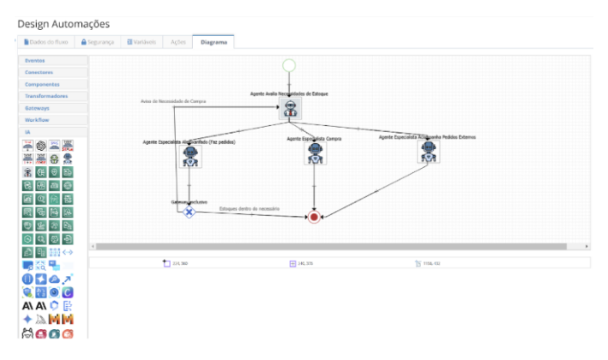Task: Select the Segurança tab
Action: [97, 42]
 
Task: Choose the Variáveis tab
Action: [141, 42]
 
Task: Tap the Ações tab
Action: [178, 42]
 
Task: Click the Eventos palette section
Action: [53, 61]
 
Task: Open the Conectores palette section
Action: [53, 73]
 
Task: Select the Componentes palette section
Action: [53, 85]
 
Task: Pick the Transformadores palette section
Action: [53, 97]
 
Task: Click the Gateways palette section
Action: [53, 109]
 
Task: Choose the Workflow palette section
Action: [53, 121]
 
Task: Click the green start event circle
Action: [289, 64]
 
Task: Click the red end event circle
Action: [314, 218]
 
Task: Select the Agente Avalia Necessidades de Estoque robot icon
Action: [290, 109]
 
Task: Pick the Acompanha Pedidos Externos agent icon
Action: [428, 151]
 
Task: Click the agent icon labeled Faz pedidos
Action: [190, 157]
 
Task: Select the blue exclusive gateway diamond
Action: [190, 212]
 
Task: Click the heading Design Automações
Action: [63, 24]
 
